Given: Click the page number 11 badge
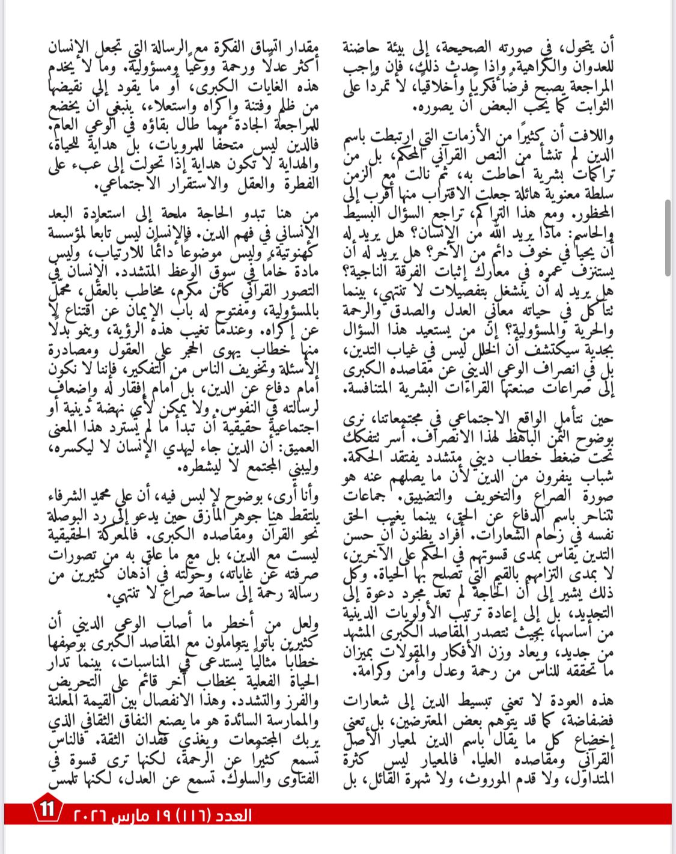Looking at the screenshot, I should [47, 810].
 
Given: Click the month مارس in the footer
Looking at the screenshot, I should [139, 816].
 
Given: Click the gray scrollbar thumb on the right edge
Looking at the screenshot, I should [668, 237].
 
